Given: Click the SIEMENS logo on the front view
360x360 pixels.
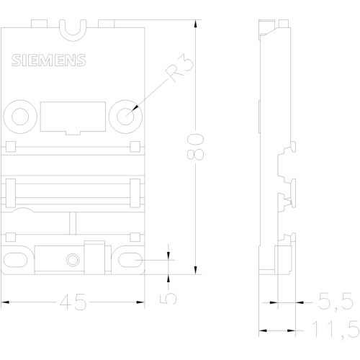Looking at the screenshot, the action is [49, 60].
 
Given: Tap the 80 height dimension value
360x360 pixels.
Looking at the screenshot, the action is [195, 147].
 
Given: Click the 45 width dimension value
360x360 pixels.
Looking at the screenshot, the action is [73, 302].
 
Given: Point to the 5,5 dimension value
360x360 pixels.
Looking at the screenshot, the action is [336, 302].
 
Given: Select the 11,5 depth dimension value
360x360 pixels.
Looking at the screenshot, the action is [336, 330].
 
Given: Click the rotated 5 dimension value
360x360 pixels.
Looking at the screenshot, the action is [168, 298].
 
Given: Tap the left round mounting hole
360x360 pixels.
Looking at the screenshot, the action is [20, 117].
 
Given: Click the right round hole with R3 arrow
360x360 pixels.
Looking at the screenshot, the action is [125, 117].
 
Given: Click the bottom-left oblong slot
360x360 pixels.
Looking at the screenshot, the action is [15, 260].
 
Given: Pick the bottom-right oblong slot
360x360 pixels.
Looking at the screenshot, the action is [130, 260].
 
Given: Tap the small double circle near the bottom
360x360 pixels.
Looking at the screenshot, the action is [73, 260].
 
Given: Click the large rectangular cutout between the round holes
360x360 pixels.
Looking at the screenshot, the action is [73, 117].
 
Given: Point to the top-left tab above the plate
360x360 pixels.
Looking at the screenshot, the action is [39, 24].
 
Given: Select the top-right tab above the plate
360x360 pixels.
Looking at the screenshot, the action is [106, 24].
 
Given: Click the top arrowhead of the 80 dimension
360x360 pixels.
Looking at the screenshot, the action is [196, 24].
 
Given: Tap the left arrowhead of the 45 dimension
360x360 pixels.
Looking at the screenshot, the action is [5, 302].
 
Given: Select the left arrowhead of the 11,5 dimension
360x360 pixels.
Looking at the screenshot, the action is [263, 330].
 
